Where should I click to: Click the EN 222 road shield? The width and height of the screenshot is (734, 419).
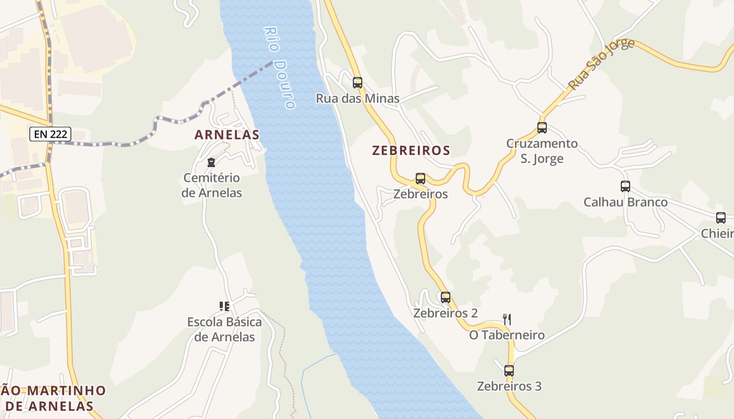[x=50, y=134]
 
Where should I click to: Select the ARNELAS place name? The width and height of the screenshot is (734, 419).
[x=227, y=135]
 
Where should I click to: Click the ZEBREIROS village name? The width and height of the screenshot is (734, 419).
[x=411, y=151]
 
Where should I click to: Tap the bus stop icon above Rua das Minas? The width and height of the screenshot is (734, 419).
[x=358, y=82]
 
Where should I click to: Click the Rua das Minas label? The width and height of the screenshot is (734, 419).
[x=358, y=98]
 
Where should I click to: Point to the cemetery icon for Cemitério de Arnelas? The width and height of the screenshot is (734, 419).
[x=211, y=162]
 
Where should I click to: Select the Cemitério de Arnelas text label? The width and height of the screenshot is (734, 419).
[x=212, y=185]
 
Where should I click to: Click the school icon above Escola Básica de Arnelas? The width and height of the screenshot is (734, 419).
[x=224, y=306]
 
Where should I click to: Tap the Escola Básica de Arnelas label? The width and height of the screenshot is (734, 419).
[x=224, y=329]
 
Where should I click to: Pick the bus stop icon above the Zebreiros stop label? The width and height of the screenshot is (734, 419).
[x=420, y=179]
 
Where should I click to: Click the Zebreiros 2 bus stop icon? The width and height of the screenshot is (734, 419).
[x=446, y=297]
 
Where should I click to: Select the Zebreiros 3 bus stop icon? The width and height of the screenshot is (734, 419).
[x=509, y=371]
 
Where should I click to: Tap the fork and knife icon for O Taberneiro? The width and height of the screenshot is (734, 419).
[x=507, y=319]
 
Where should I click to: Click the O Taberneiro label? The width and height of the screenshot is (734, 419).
[x=507, y=335]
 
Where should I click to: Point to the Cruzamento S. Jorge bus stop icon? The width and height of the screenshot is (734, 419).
[x=542, y=128]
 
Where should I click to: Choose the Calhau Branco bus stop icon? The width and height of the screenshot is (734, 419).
[x=625, y=186]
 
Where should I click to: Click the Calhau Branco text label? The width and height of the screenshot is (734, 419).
[x=625, y=202]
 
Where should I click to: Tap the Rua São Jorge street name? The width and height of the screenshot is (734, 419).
[x=601, y=63]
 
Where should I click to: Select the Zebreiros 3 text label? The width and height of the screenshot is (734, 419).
[x=509, y=387]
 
